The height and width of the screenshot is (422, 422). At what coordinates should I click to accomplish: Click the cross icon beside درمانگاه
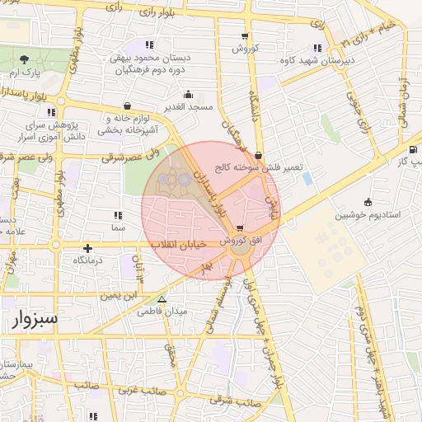click(87, 247)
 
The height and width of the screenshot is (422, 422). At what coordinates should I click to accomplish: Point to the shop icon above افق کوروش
click(240, 228)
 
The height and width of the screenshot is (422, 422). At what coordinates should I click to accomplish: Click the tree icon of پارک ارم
click(25, 59)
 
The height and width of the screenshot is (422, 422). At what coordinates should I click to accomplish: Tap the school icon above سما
click(116, 213)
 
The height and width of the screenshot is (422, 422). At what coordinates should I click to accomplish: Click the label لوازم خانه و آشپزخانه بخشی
click(129, 124)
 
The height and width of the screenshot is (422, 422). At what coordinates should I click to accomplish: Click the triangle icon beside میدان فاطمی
click(162, 299)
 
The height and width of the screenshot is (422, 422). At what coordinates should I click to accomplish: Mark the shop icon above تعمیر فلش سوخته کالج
click(259, 155)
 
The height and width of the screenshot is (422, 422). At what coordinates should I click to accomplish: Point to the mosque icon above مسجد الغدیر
click(189, 94)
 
